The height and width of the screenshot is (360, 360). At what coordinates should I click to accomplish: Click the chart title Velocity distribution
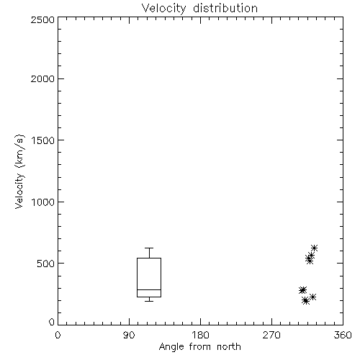[x=199, y=9]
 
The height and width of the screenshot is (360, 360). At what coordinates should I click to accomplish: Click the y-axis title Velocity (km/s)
[x=19, y=171]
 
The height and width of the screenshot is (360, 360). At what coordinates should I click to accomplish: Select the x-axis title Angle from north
[x=199, y=347]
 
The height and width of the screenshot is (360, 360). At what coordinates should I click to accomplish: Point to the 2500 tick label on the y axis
[x=42, y=19]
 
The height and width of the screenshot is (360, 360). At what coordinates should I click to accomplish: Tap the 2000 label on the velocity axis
[x=42, y=78]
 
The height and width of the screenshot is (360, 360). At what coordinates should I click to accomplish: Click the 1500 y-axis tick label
[x=43, y=140]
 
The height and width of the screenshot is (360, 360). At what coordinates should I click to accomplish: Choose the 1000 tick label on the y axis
[x=43, y=202]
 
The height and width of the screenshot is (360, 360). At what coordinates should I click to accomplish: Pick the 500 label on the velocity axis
[x=46, y=264]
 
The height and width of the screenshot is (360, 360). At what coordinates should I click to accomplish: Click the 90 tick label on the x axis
[x=129, y=335]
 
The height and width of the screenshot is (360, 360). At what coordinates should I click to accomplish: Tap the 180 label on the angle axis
[x=200, y=335]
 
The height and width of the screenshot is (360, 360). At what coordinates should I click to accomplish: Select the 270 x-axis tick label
[x=271, y=335]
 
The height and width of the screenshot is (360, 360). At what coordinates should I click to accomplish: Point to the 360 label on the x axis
[x=343, y=335]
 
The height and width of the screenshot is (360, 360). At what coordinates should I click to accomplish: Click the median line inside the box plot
[x=149, y=289]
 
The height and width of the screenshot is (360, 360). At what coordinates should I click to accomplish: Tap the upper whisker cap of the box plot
[x=149, y=248]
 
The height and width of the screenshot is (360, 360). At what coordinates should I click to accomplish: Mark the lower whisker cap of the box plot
[x=149, y=301]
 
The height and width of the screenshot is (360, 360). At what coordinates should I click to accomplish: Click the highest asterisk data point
[x=314, y=248]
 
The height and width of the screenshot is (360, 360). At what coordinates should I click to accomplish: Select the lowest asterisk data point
[x=306, y=301]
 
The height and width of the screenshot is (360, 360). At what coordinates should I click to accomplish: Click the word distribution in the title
[x=225, y=9]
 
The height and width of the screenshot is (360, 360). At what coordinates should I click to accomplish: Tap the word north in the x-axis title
[x=229, y=347]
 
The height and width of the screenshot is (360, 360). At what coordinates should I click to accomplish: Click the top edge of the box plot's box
[x=149, y=258]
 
